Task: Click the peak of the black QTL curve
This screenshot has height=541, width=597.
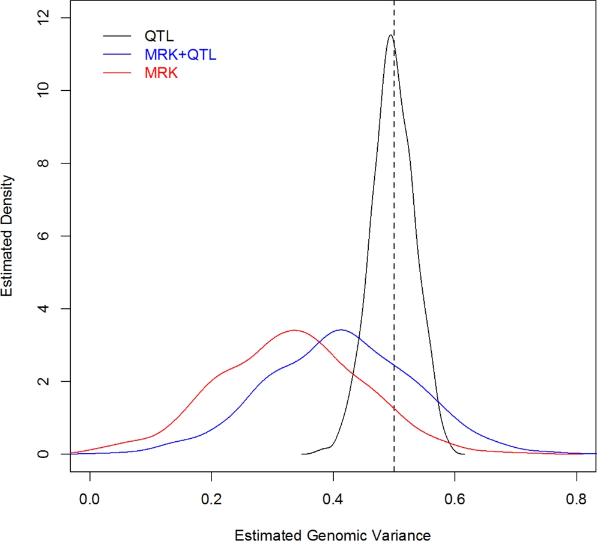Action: click(390, 35)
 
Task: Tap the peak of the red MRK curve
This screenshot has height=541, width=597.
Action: click(294, 331)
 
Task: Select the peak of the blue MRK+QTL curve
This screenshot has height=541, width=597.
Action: click(341, 330)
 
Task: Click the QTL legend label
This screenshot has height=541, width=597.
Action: click(159, 36)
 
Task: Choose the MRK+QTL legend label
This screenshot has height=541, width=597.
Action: click(180, 55)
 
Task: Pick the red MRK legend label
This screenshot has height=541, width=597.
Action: click(161, 73)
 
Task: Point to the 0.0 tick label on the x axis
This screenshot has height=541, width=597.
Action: click(89, 499)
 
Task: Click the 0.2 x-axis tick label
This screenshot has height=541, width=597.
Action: click(211, 499)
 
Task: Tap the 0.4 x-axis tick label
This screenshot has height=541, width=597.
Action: click(333, 499)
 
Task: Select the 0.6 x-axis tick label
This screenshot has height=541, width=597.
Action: click(455, 499)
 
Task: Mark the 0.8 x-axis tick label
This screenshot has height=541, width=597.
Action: click(577, 499)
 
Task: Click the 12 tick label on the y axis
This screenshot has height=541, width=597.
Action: click(43, 17)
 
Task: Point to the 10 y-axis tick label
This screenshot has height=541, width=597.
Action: click(43, 90)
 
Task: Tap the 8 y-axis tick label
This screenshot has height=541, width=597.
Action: click(43, 163)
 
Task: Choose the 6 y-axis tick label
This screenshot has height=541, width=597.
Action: click(43, 236)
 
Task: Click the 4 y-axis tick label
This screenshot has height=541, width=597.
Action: click(43, 308)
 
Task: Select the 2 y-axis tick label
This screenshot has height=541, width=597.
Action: click(43, 381)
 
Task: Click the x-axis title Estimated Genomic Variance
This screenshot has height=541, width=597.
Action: click(333, 534)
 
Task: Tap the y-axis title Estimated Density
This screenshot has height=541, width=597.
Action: click(7, 236)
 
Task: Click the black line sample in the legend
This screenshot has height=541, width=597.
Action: click(117, 36)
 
